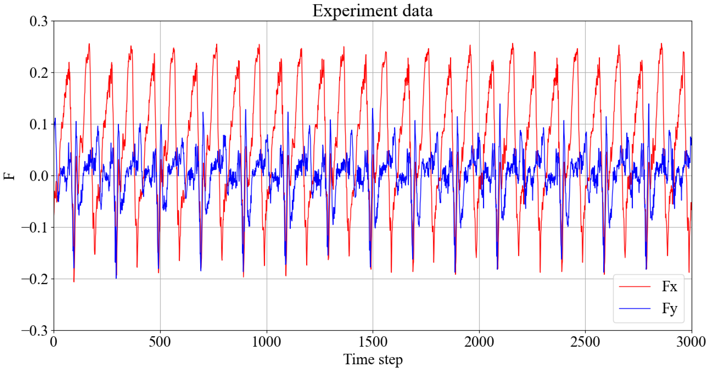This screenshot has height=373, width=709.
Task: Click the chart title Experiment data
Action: (x=372, y=11)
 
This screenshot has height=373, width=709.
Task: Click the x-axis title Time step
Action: (x=373, y=360)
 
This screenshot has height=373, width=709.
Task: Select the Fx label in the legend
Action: (x=669, y=287)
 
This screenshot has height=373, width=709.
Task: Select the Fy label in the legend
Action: (x=669, y=308)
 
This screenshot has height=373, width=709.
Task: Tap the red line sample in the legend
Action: (x=635, y=287)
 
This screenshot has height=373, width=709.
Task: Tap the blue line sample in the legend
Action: (x=635, y=308)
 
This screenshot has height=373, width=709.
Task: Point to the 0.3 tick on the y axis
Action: (x=39, y=21)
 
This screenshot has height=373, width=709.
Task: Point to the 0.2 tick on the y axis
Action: (x=39, y=73)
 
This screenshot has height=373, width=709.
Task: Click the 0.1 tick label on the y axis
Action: (x=39, y=124)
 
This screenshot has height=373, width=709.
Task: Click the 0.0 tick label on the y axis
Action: (x=39, y=176)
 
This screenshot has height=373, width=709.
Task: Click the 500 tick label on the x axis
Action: (x=160, y=342)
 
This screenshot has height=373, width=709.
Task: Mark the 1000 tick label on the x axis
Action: (x=267, y=342)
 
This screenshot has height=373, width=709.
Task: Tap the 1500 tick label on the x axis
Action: (x=373, y=342)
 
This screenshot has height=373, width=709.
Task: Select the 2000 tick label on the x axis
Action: (x=479, y=342)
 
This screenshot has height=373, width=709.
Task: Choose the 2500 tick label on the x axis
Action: (x=585, y=342)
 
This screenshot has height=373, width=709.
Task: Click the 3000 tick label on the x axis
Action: (x=691, y=342)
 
